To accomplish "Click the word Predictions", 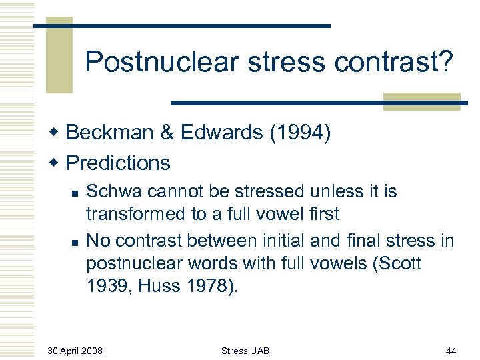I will pyautogui.click(x=118, y=163).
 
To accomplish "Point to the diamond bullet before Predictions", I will pyautogui.click(x=57, y=163).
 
